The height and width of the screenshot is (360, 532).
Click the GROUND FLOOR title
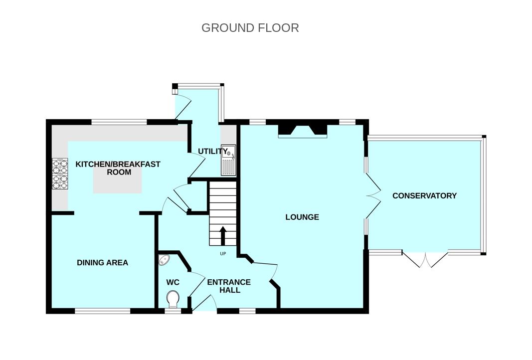tap(250, 28)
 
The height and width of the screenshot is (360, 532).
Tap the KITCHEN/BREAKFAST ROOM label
tap(118, 168)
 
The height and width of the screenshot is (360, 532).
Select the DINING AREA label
tap(103, 262)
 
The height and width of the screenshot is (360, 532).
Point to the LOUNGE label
tap(302, 217)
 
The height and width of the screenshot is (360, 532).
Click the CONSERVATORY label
tap(424, 196)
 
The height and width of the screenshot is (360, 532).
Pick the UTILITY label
tap(213, 151)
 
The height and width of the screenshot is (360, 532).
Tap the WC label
tap(173, 282)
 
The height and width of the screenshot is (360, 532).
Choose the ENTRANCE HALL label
tap(229, 286)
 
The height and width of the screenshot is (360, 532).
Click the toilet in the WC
tap(173, 299)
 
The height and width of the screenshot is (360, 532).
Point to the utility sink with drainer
tap(228, 160)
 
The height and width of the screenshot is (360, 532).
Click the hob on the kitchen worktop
tap(60, 174)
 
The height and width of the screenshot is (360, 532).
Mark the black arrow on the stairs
tap(223, 236)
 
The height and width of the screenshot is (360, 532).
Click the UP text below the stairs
tap(223, 253)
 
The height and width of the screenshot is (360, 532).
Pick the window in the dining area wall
tap(103, 311)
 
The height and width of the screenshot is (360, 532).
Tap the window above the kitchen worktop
tap(120, 122)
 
